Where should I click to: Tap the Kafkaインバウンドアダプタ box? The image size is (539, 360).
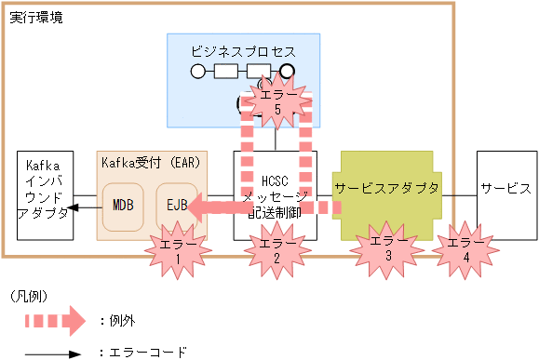[x=45, y=196]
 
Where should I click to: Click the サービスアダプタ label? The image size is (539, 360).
[x=386, y=188]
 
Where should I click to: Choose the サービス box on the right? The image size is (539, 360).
[x=505, y=188]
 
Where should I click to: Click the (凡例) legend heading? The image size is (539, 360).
[x=29, y=295]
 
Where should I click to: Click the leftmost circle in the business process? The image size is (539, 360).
[x=197, y=71]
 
